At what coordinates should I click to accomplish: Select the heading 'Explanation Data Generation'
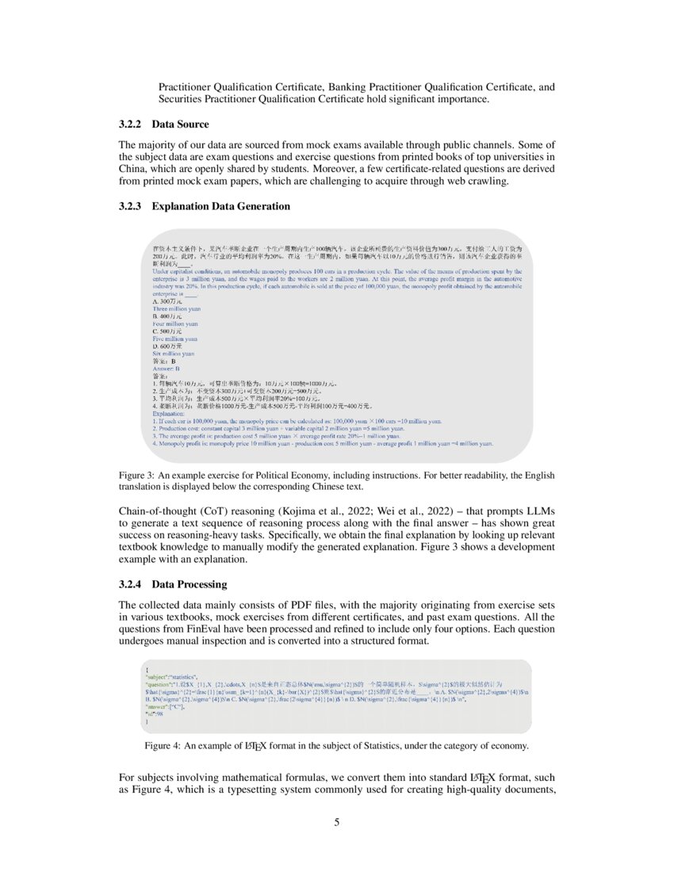(x=220, y=207)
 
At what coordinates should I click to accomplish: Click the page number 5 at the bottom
(x=337, y=822)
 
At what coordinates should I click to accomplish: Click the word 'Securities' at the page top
(x=180, y=99)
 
